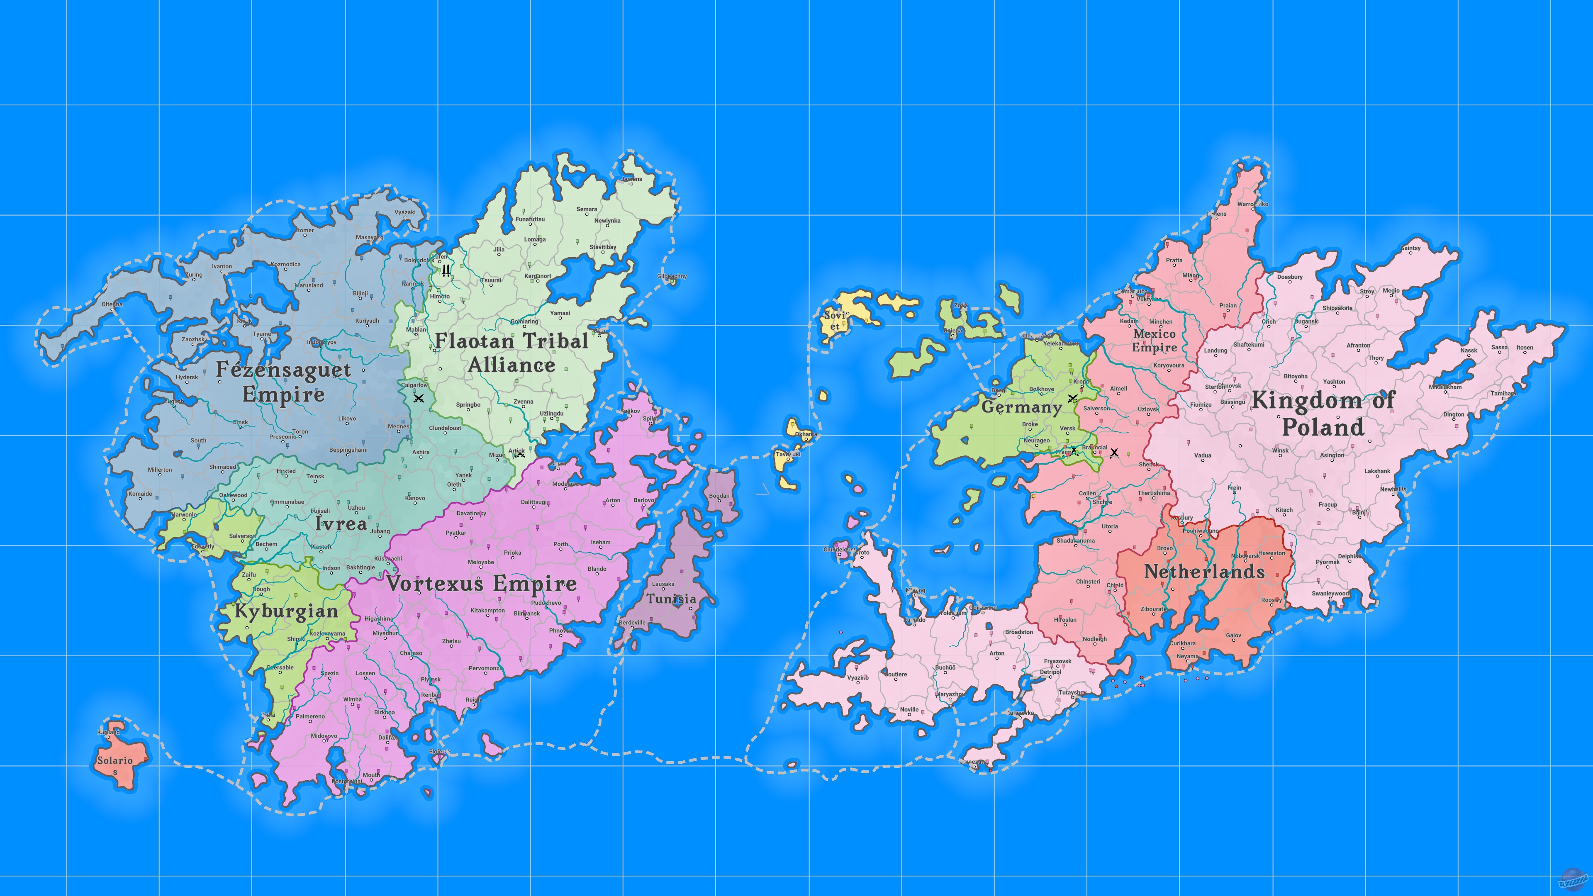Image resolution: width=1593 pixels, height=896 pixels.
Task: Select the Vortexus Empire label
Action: click(481, 584)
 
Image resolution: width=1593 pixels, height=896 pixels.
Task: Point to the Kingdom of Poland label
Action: click(1323, 414)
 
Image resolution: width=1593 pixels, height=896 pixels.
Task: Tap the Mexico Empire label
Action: click(1154, 341)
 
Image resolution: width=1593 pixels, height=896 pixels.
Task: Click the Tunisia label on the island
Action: click(672, 599)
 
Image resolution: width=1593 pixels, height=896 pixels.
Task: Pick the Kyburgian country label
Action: click(286, 611)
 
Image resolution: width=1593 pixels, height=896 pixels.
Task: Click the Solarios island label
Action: click(115, 765)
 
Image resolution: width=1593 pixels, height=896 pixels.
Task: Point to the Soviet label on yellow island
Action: click(835, 320)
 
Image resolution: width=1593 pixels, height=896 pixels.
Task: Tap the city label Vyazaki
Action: click(405, 212)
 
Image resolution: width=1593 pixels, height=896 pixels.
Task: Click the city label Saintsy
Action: click(1410, 248)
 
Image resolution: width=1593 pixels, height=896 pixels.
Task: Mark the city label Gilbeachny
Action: click(672, 276)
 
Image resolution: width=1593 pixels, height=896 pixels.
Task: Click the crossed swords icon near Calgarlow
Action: click(419, 398)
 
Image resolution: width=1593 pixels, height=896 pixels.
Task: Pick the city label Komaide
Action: click(140, 494)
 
